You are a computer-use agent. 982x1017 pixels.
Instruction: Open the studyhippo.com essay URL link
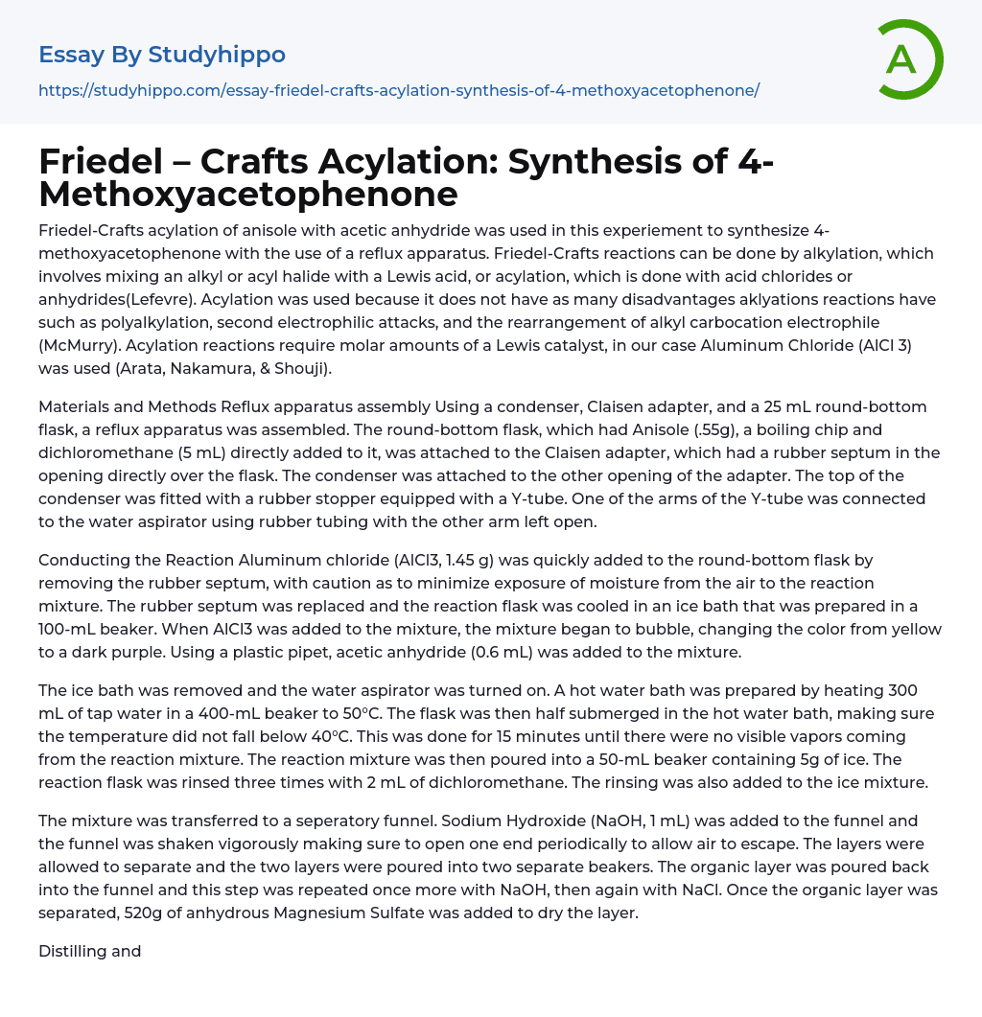399,90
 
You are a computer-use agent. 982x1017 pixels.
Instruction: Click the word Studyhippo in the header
218,55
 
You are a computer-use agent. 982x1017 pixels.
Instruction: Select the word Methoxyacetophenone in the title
247,195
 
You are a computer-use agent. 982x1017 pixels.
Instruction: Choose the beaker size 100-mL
68,630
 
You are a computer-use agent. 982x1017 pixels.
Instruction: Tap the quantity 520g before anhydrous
146,913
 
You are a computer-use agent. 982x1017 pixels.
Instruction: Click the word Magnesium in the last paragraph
331,913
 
